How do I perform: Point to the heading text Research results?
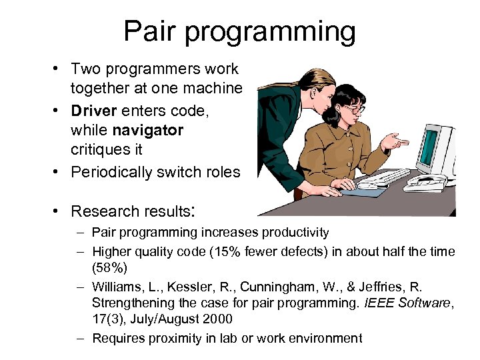pyautogui.click(x=131, y=211)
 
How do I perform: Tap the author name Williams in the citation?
pyautogui.click(x=116, y=287)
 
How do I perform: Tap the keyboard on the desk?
pyautogui.click(x=384, y=177)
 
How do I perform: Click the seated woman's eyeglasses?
pyautogui.click(x=353, y=109)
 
